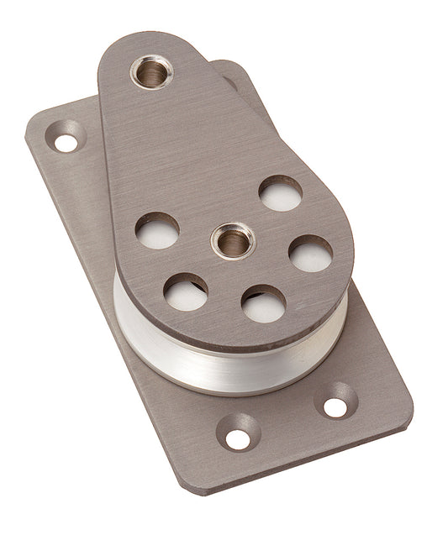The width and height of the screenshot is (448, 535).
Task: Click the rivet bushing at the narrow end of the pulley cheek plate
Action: click(x=151, y=71)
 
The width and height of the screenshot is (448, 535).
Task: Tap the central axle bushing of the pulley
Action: click(x=233, y=241)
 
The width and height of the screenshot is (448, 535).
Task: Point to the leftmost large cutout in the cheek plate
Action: click(x=157, y=230)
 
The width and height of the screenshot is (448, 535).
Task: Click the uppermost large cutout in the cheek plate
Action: click(x=280, y=194)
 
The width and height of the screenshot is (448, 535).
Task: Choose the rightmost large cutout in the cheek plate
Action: click(x=310, y=253)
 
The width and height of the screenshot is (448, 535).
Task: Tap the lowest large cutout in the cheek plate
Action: click(x=263, y=303)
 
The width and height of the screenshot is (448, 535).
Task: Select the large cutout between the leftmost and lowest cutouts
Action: click(x=186, y=291)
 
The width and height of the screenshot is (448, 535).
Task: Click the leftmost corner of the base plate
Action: click(x=29, y=134)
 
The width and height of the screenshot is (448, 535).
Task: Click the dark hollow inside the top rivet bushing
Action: click(x=151, y=74)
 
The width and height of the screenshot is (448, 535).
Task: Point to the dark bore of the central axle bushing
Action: click(x=233, y=244)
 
